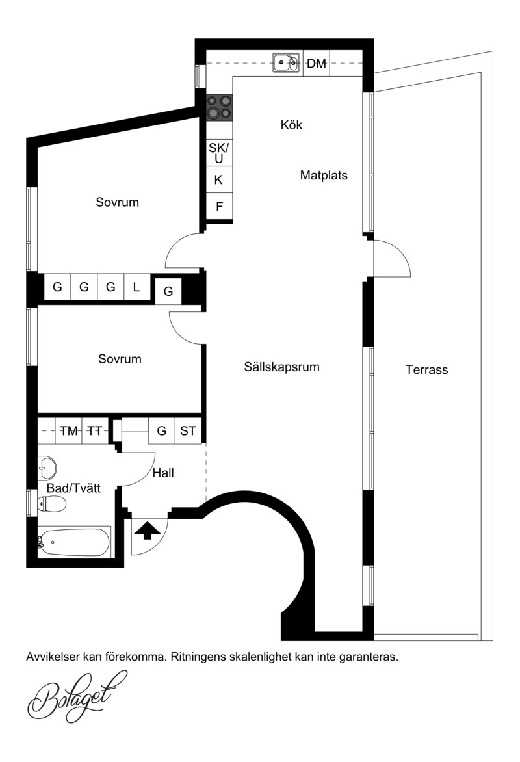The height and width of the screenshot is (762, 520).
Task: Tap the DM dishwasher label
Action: point(317,63)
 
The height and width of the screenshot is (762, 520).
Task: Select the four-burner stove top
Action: point(219,107)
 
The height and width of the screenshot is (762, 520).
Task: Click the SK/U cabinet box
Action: point(219,153)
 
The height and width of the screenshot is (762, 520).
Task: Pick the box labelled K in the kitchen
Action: point(219,180)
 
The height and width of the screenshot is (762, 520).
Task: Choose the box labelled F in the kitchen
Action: point(219,207)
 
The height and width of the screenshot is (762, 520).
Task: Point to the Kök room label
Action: point(291,125)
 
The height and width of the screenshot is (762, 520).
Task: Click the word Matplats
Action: point(324,175)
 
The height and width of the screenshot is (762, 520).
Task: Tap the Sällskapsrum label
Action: point(282,367)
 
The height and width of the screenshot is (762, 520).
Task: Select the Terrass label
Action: point(426,370)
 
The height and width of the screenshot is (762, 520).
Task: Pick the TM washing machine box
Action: point(69,430)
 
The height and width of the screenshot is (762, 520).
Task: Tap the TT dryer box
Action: point(96,430)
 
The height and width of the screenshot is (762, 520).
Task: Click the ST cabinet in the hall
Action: point(188,430)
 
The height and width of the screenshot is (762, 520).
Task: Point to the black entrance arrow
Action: point(148,530)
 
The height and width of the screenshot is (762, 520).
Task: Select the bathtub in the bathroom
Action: point(74,542)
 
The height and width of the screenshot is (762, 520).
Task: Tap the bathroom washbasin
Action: point(47,467)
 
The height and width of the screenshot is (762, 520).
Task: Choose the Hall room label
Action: point(163,473)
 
